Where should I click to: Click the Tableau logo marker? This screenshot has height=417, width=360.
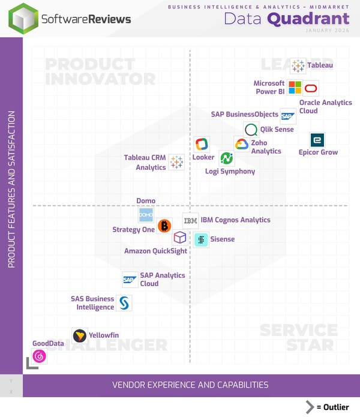coord(298,66)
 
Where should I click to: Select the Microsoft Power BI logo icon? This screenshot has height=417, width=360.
coord(295,88)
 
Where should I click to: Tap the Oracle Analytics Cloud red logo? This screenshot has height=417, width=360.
coord(311,88)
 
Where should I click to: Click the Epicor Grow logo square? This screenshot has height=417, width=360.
coord(317,140)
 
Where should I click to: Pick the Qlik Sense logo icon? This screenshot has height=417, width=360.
coord(251,130)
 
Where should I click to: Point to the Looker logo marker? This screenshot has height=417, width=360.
coord(202,144)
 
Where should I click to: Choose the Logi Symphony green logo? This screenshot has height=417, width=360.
coord(226,158)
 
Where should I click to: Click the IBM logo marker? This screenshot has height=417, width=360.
coord(190,221)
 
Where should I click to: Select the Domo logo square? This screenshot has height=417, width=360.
coord(146,214)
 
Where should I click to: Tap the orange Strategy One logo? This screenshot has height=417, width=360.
coord(164,226)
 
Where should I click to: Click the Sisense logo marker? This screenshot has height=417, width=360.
coord(201,239)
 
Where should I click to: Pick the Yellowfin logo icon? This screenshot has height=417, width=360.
coord(79,335)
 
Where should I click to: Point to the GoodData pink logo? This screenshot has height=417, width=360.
coord(40,356)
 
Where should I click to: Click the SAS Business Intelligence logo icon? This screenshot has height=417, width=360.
coord(124,303)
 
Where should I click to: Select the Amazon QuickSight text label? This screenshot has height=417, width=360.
coord(155,251)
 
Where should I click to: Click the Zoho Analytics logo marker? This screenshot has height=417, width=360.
coord(242,144)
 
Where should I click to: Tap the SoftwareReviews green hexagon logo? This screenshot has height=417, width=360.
coord(23,19)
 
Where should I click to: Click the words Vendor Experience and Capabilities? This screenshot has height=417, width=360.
coord(190,385)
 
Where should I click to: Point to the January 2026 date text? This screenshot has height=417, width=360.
coord(327,30)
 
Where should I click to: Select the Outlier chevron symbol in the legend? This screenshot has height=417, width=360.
coord(310,407)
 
